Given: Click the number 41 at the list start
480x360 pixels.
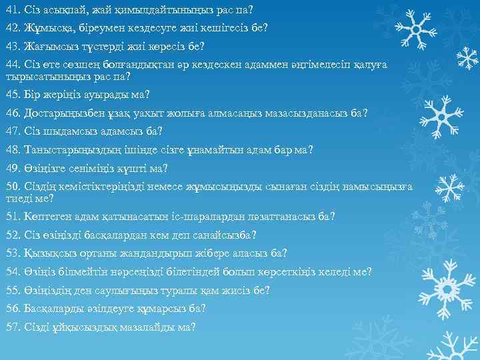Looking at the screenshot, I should coord(12,11).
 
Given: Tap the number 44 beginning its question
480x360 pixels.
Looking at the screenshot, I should coord(12,64).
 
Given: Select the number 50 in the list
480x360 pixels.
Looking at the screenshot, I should coord(13,185).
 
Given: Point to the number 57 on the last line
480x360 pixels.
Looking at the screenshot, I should coord(13,327).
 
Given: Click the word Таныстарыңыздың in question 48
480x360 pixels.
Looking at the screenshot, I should coord(69,148).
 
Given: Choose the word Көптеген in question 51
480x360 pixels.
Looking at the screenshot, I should coord(47,217).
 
